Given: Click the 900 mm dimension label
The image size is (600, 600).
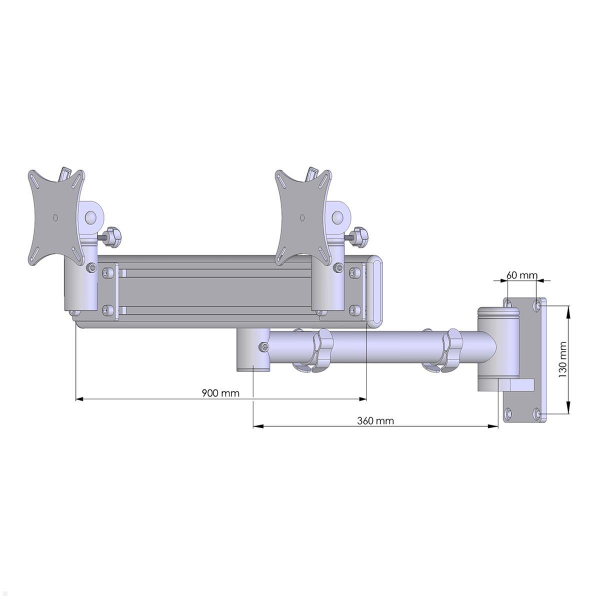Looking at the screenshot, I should pos(220,393).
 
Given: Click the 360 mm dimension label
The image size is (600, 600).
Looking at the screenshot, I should pos(375,420).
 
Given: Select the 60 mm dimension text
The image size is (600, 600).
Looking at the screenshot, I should pos(521,275).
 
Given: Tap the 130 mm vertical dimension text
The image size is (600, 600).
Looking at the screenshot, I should pos(563,359).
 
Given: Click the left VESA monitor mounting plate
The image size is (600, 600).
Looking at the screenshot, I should pos(55,217).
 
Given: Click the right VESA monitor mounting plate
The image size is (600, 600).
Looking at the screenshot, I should pos(302,217).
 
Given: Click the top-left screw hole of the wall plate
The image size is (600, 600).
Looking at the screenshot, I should pos(508,303).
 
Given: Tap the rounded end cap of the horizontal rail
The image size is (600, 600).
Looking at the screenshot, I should pos(375,291).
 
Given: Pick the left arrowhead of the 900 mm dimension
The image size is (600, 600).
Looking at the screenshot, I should pos(79,399).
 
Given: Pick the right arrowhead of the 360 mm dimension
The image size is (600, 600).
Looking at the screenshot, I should pos(495,426).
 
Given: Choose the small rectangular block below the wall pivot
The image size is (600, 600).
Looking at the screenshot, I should pos(520,384).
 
